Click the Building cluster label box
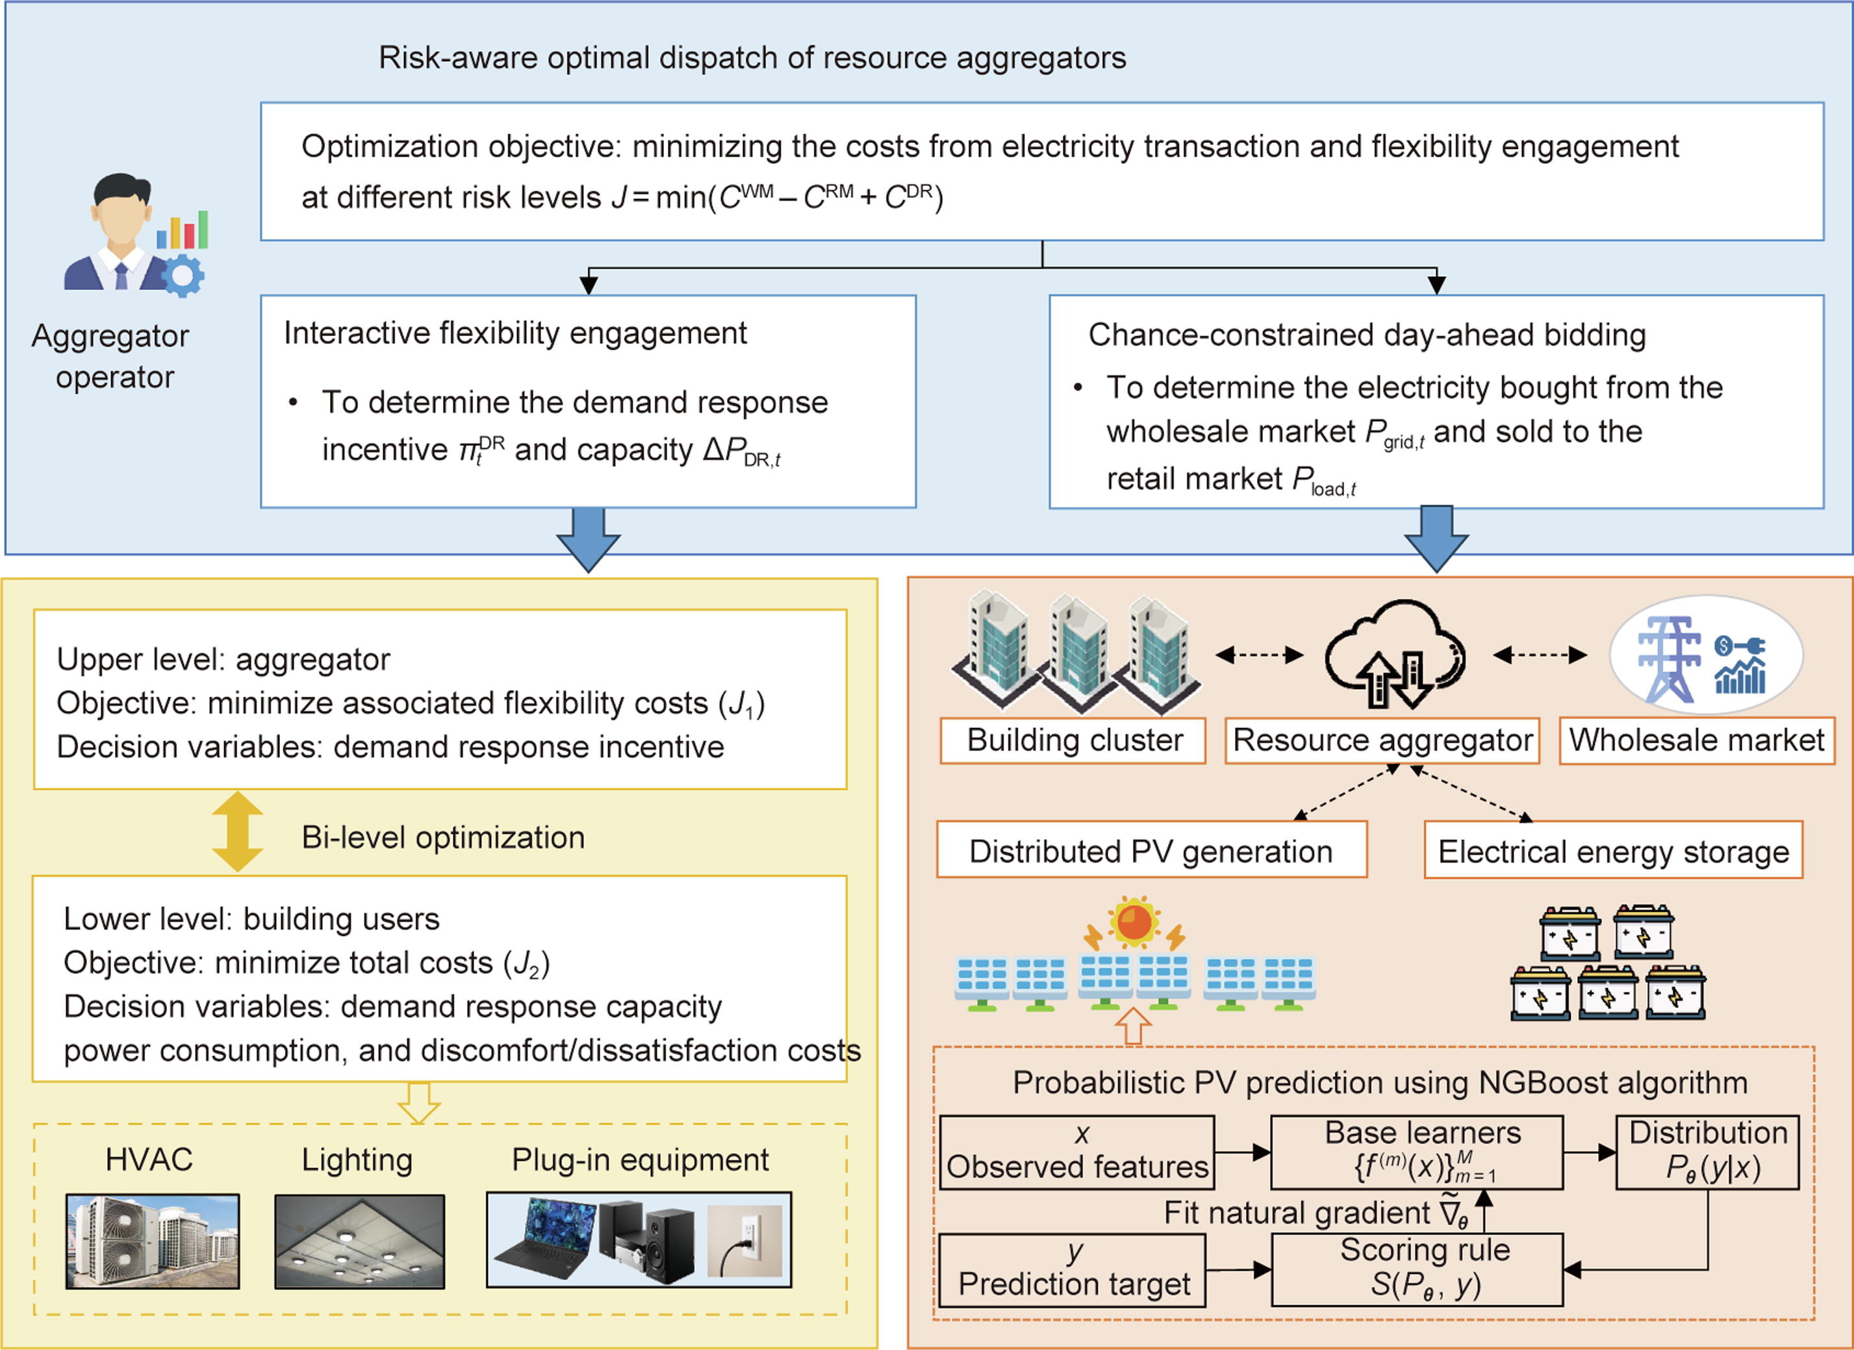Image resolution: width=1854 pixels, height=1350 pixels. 1073,741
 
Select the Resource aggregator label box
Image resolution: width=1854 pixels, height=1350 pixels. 1382,741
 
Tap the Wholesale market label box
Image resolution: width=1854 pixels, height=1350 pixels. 1696,741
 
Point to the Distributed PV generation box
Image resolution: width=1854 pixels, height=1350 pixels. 1151,850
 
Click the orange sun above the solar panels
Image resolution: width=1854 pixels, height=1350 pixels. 1134,922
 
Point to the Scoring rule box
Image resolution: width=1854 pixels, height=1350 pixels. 1417,1269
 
